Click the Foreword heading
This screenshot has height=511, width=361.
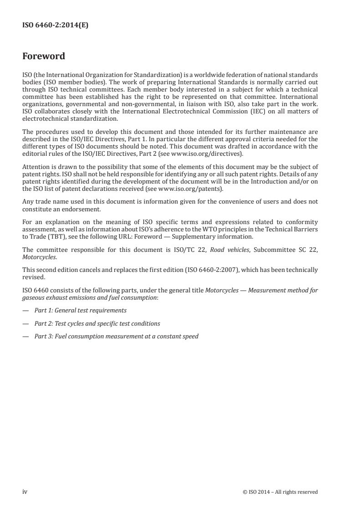tap(44, 56)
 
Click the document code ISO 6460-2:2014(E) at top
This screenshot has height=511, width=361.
tap(55, 26)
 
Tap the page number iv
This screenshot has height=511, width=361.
tap(25, 491)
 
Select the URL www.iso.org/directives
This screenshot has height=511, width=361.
tap(207, 153)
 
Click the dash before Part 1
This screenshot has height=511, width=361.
tap(25, 310)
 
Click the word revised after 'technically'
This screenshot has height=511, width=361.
tap(33, 276)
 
